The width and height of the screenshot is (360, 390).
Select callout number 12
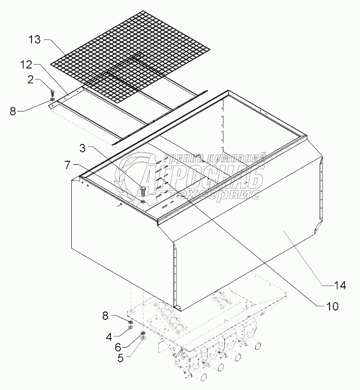(x=26, y=64)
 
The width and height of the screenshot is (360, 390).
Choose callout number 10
(x=333, y=306)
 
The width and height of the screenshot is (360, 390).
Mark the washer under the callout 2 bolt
(x=52, y=99)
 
